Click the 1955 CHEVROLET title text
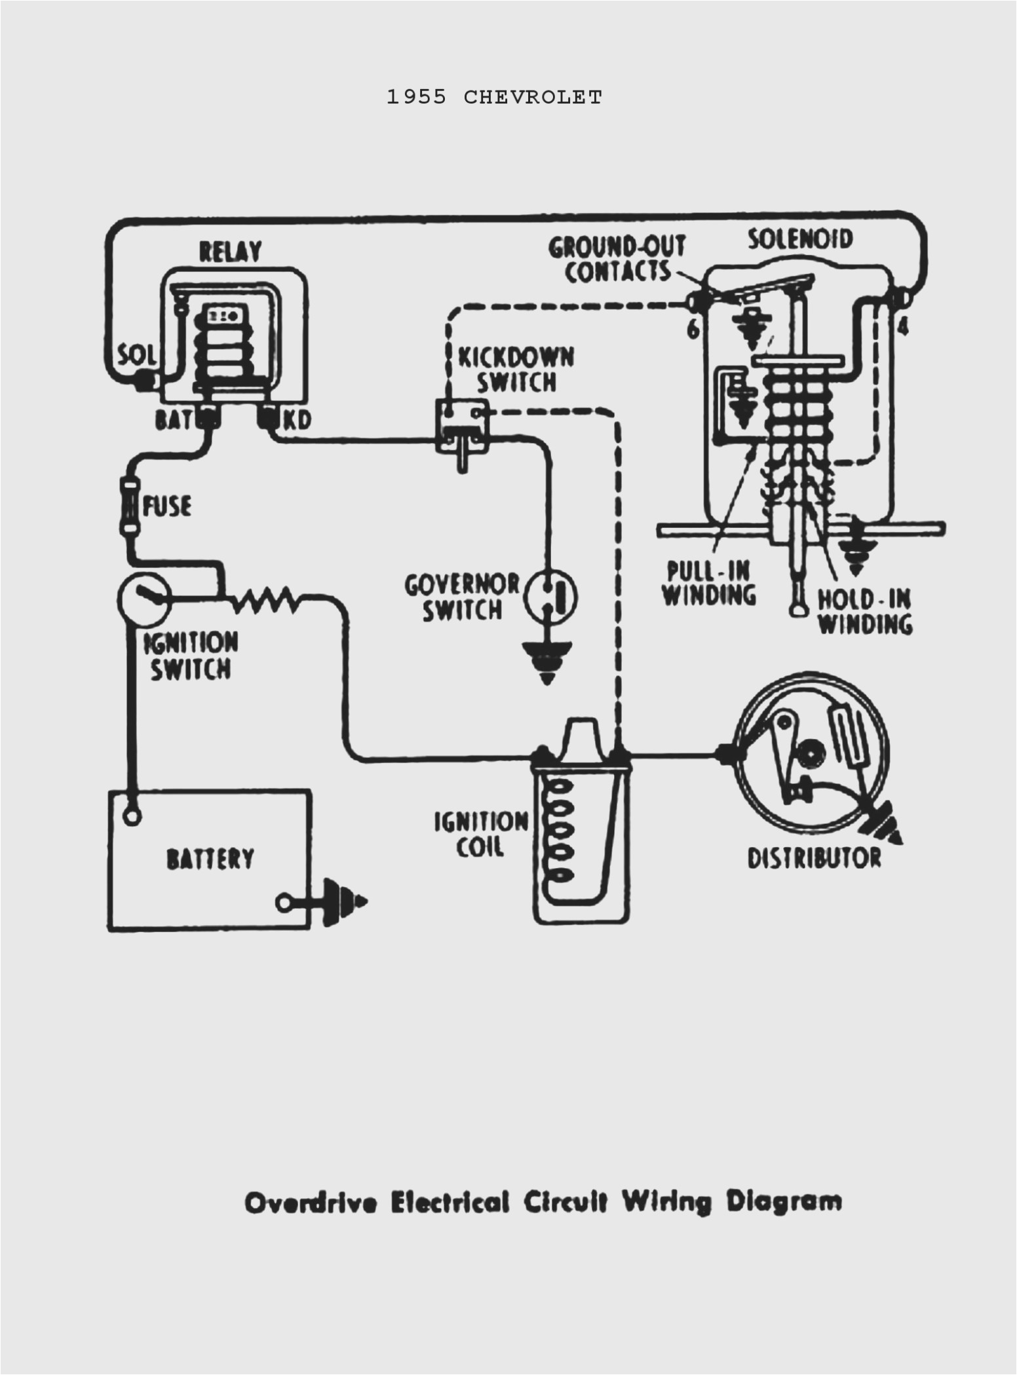[494, 98]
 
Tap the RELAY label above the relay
[230, 252]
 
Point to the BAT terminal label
[172, 420]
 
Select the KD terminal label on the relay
[296, 420]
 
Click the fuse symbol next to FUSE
[130, 506]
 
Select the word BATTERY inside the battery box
[210, 859]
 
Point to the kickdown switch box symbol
[462, 425]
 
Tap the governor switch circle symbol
[551, 596]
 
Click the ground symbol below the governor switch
[547, 662]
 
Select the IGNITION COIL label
[481, 835]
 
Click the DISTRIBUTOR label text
[814, 858]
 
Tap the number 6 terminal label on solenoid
[693, 330]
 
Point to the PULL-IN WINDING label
[708, 584]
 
